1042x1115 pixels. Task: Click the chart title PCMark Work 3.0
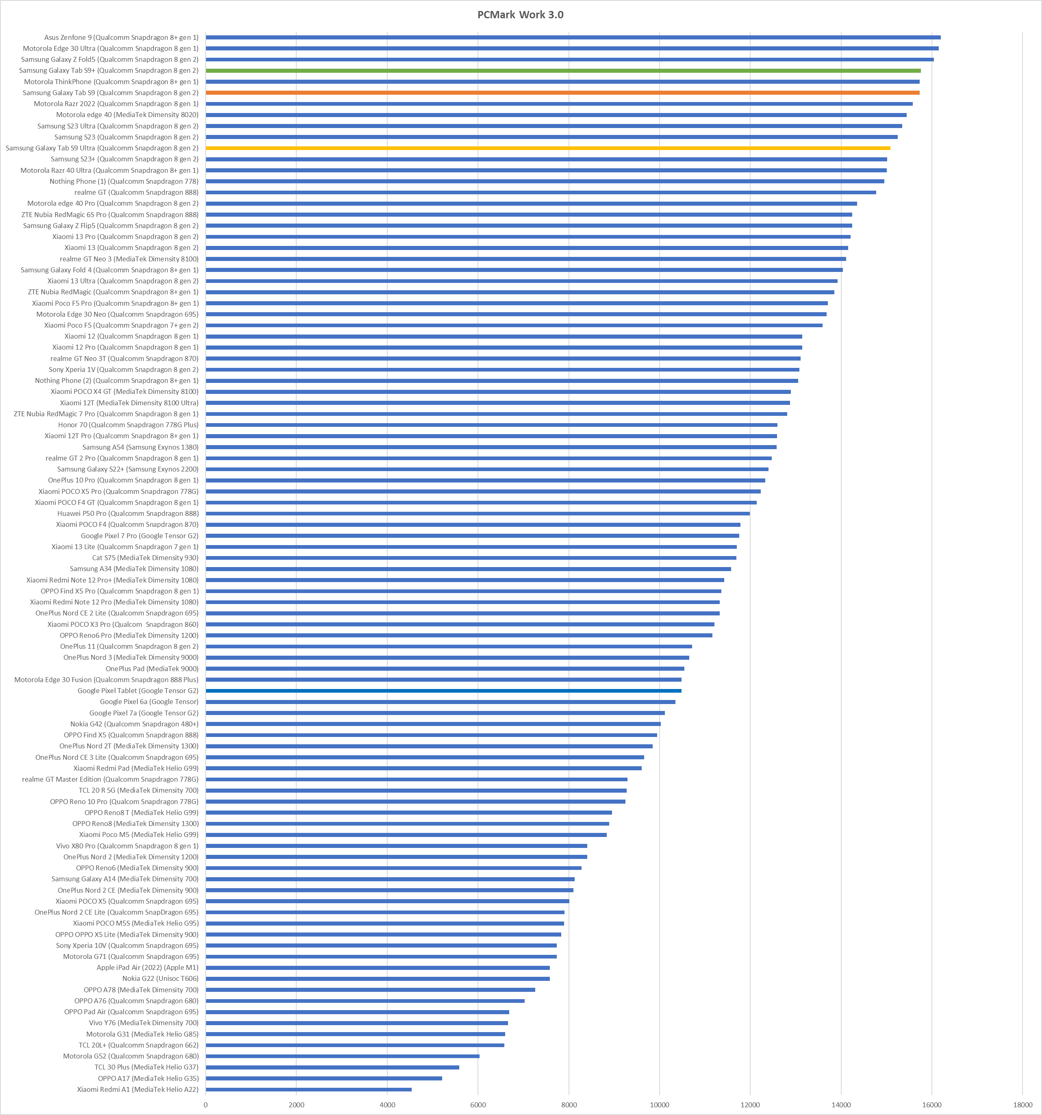pyautogui.click(x=521, y=15)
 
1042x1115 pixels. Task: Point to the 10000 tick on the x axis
pyautogui.click(x=660, y=1104)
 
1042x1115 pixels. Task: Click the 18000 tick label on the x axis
pyautogui.click(x=1022, y=1104)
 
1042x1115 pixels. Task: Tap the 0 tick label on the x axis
pyautogui.click(x=206, y=1104)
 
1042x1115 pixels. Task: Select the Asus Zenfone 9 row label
pyautogui.click(x=121, y=37)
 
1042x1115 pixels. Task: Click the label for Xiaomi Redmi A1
pyautogui.click(x=137, y=1089)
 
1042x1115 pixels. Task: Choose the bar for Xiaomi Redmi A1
pyautogui.click(x=308, y=1089)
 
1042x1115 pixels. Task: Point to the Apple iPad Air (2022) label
pyautogui.click(x=148, y=967)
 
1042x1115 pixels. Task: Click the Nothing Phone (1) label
pyautogui.click(x=124, y=181)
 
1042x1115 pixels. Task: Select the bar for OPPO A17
pyautogui.click(x=323, y=1078)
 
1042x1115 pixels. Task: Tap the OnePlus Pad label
pyautogui.click(x=152, y=669)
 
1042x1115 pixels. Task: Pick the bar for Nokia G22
pyautogui.click(x=378, y=979)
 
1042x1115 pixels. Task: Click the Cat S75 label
pyautogui.click(x=145, y=558)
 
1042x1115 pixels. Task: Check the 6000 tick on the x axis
pyautogui.click(x=478, y=1104)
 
